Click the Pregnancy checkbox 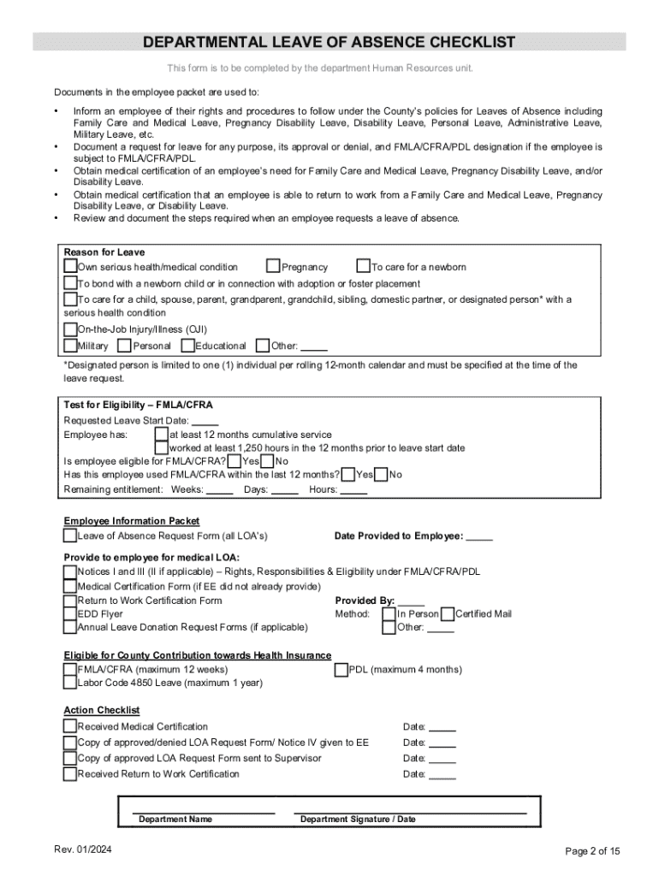(273, 267)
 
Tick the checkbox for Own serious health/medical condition (70, 267)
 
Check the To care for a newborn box (363, 267)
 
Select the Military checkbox (70, 346)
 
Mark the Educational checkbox (187, 346)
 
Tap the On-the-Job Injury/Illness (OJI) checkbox (70, 329)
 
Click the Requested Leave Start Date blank (205, 421)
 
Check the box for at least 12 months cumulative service (161, 435)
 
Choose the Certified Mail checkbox (448, 613)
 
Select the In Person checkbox (389, 613)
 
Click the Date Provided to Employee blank (479, 536)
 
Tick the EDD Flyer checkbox (70, 613)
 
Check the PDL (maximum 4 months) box (341, 670)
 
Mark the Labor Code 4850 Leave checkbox (70, 683)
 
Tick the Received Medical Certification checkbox (70, 726)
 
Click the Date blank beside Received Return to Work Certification (442, 775)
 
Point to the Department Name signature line (204, 811)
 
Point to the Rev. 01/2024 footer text (81, 849)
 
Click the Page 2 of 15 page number (593, 851)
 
